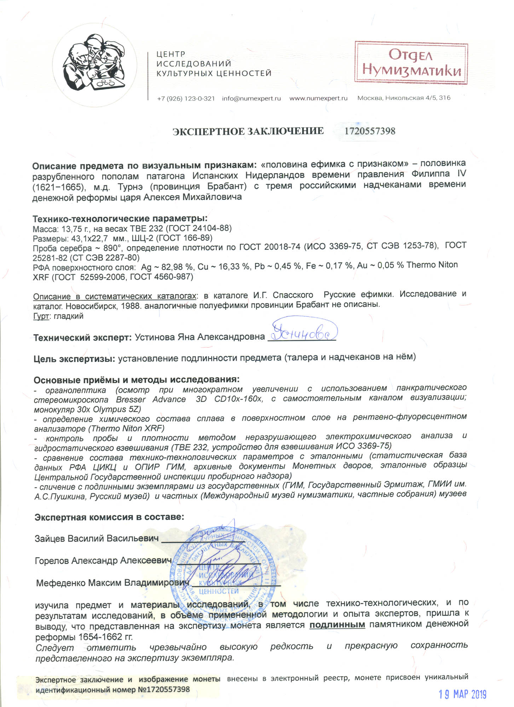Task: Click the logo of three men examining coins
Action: (x=95, y=64)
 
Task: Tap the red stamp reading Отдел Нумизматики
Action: (x=411, y=63)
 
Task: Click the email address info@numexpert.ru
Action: (x=251, y=99)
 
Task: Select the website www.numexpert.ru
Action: (x=318, y=98)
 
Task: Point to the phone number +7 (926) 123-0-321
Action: (x=186, y=99)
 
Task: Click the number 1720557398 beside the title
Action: (x=370, y=131)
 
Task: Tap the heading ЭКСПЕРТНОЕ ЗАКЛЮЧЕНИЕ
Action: (x=248, y=132)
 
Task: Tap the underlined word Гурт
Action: (x=41, y=316)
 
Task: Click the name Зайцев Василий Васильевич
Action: (x=97, y=539)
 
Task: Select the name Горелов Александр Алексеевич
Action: (x=103, y=561)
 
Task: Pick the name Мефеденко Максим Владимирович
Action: (x=112, y=583)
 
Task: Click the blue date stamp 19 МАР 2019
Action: (x=462, y=694)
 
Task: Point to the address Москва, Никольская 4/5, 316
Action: (x=404, y=98)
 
